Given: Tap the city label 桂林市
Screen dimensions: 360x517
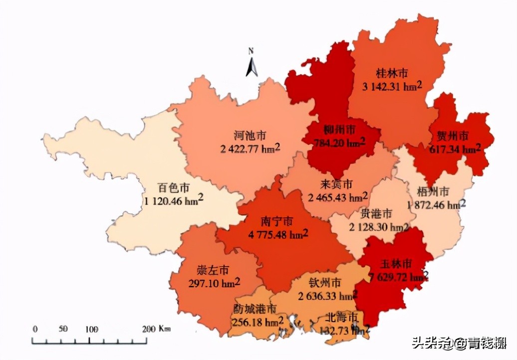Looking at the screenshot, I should [x=392, y=73].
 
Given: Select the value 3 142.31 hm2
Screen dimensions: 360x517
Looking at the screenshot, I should [x=392, y=86].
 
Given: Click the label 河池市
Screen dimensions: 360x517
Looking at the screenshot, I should [x=250, y=135].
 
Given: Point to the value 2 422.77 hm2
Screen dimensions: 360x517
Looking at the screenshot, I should [x=250, y=148].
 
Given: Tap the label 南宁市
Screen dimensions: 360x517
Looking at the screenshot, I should [x=277, y=221].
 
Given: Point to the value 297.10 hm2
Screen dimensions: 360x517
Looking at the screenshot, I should [x=215, y=283].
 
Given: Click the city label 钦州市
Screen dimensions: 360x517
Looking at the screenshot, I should [x=325, y=283].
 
